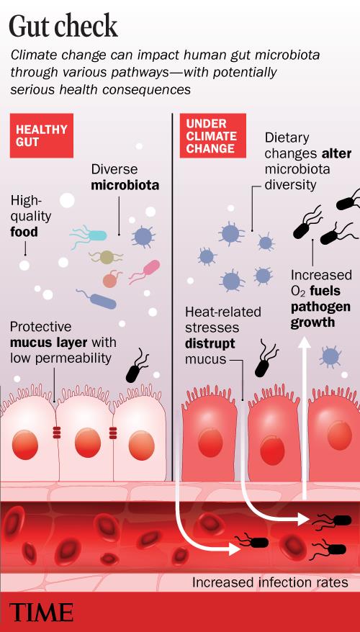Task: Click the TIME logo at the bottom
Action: point(42,613)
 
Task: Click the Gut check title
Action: point(63,27)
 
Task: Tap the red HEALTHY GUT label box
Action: point(42,135)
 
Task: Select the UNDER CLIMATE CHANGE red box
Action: point(213,135)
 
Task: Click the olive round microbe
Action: point(106,257)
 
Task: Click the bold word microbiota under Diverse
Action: point(125,186)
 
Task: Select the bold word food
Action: point(24,232)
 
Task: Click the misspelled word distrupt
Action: point(210,344)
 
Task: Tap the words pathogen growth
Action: point(320,315)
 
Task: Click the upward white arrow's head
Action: point(305,343)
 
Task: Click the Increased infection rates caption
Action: point(270,582)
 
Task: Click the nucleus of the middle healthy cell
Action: point(88,443)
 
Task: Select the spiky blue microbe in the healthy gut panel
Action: point(143,237)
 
